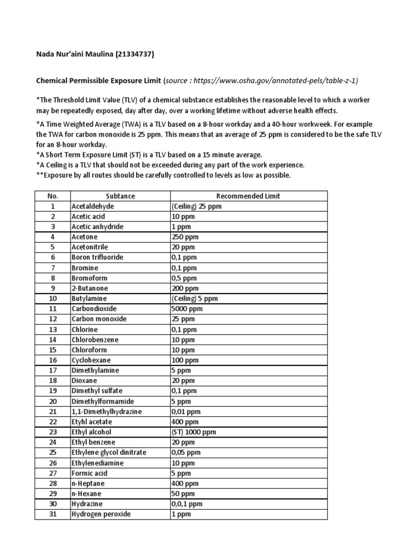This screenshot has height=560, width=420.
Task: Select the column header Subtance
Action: pyautogui.click(x=120, y=196)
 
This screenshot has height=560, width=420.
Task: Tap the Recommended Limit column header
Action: pyautogui.click(x=248, y=196)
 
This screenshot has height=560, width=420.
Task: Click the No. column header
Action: pyautogui.click(x=52, y=196)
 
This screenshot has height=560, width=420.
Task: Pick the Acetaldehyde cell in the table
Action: pyautogui.click(x=91, y=207)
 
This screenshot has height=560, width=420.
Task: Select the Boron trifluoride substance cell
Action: pyautogui.click(x=97, y=258)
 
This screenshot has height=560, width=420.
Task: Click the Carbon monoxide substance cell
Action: pyautogui.click(x=99, y=319)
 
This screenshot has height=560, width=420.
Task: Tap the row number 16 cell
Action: pyautogui.click(x=52, y=360)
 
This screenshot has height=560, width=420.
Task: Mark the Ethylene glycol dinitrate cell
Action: pyautogui.click(x=109, y=453)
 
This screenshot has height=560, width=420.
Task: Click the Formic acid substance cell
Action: pyautogui.click(x=90, y=473)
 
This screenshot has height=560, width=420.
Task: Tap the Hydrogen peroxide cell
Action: pyautogui.click(x=101, y=514)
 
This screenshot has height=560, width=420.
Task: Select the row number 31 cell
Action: pyautogui.click(x=52, y=514)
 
